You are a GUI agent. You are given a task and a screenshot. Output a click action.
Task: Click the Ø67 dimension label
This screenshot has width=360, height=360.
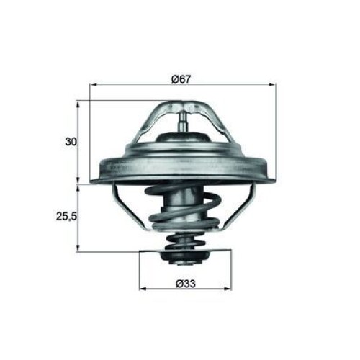[181, 79]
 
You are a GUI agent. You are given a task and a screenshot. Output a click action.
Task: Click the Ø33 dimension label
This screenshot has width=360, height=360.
[186, 284]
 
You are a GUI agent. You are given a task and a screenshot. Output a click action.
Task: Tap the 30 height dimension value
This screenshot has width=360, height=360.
[71, 142]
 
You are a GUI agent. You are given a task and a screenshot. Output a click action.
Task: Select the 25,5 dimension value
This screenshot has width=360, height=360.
[66, 217]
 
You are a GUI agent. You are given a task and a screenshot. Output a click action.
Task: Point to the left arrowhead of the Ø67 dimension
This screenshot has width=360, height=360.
[93, 84]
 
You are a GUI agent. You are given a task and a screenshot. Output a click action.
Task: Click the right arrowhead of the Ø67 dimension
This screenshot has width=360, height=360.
[273, 84]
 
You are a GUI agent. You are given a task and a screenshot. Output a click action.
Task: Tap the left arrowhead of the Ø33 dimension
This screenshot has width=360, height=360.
[143, 289]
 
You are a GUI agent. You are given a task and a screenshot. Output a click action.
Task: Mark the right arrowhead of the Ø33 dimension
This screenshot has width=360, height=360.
[228, 289]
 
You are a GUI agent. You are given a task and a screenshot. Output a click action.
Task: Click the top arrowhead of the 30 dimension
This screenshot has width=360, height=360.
[78, 104]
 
